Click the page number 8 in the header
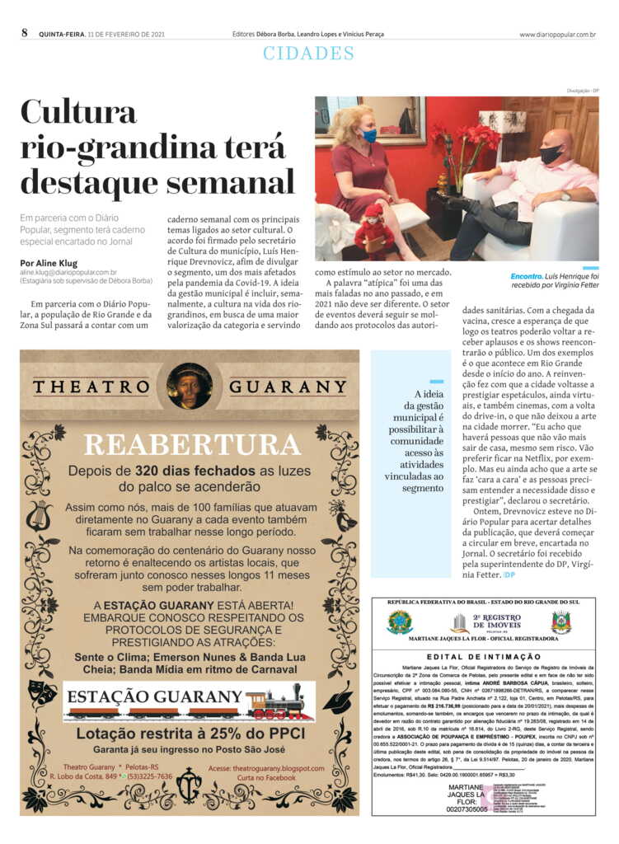coord(25,34)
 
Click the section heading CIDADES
coord(309,54)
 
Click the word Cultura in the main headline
coord(78,112)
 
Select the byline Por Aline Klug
coord(50,264)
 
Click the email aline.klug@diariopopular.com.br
coord(68,272)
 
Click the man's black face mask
coord(551,154)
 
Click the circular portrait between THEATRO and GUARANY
coord(190,386)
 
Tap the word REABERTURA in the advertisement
coord(191,445)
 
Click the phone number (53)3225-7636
coord(148,776)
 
